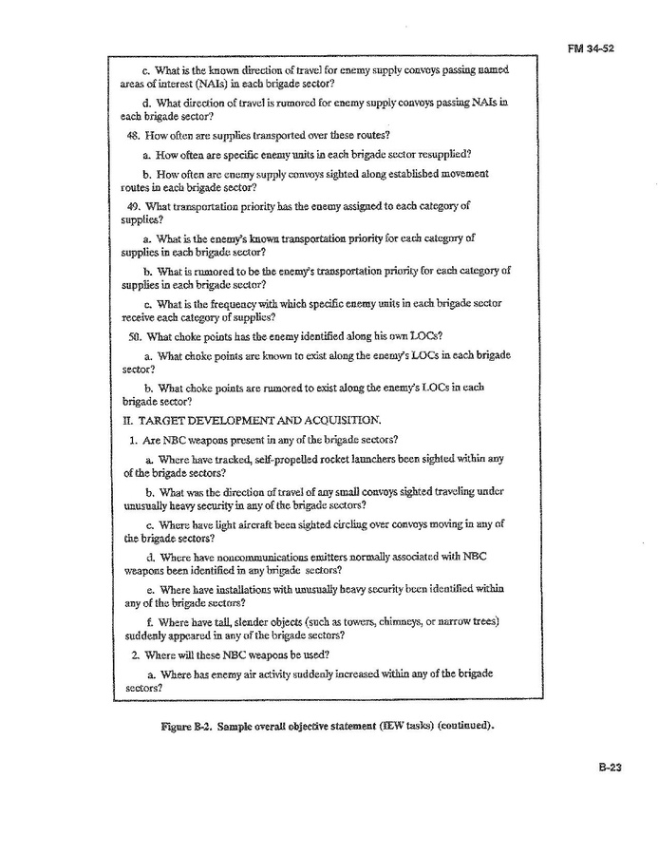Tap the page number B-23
point(610,770)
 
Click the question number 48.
point(146,134)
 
